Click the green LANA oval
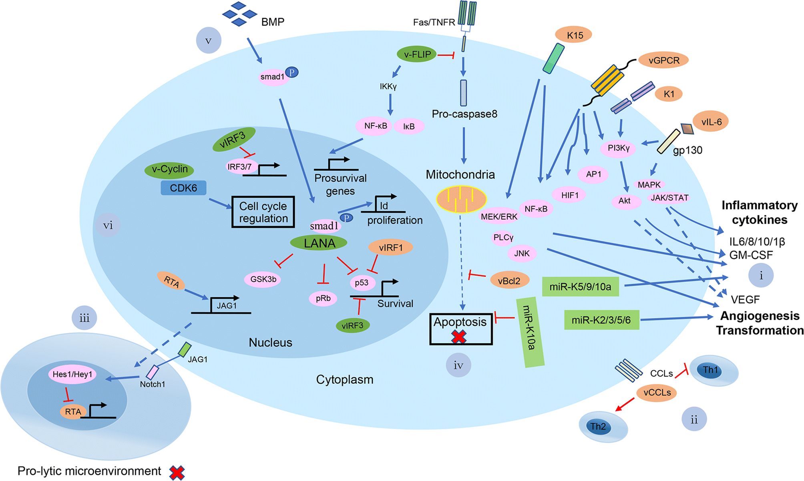[x=319, y=243]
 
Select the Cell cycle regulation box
[x=263, y=212]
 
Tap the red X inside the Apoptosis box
[x=458, y=337]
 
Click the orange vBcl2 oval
[x=509, y=281]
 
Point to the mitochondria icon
[x=461, y=199]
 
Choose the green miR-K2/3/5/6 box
[x=601, y=320]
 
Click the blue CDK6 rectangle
[x=183, y=188]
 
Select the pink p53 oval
[x=362, y=283]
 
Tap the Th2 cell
[x=602, y=427]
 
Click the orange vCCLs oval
[x=657, y=393]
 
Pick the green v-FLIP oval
[x=417, y=54]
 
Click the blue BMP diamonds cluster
[x=239, y=14]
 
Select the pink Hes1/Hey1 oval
[x=72, y=374]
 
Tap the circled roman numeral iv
[x=458, y=365]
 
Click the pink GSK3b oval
[x=263, y=279]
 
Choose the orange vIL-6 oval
[x=711, y=122]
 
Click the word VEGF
[x=745, y=299]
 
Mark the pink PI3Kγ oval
[x=619, y=148]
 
